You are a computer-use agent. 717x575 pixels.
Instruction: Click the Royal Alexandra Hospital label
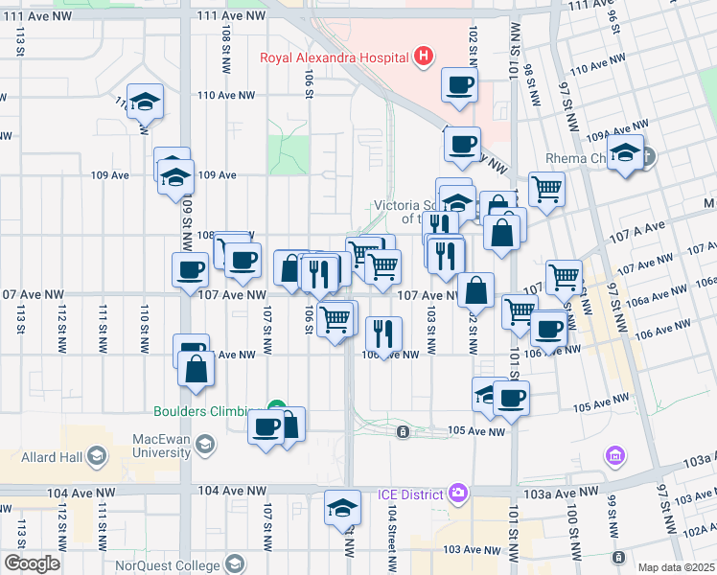coord(335,57)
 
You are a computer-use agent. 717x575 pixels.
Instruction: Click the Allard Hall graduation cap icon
coord(97,456)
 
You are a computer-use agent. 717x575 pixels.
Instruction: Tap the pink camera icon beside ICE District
coord(458,493)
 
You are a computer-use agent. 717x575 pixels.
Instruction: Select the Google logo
coord(32,563)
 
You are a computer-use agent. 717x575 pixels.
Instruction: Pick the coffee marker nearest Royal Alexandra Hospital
coord(459,84)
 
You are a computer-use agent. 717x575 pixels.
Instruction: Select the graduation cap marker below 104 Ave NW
coord(342,509)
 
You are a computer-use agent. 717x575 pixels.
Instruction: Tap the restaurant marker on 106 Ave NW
coord(383,333)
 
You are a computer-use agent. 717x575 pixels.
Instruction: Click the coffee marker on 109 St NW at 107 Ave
coord(190,269)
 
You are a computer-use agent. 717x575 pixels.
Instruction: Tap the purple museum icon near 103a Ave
coord(615,453)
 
